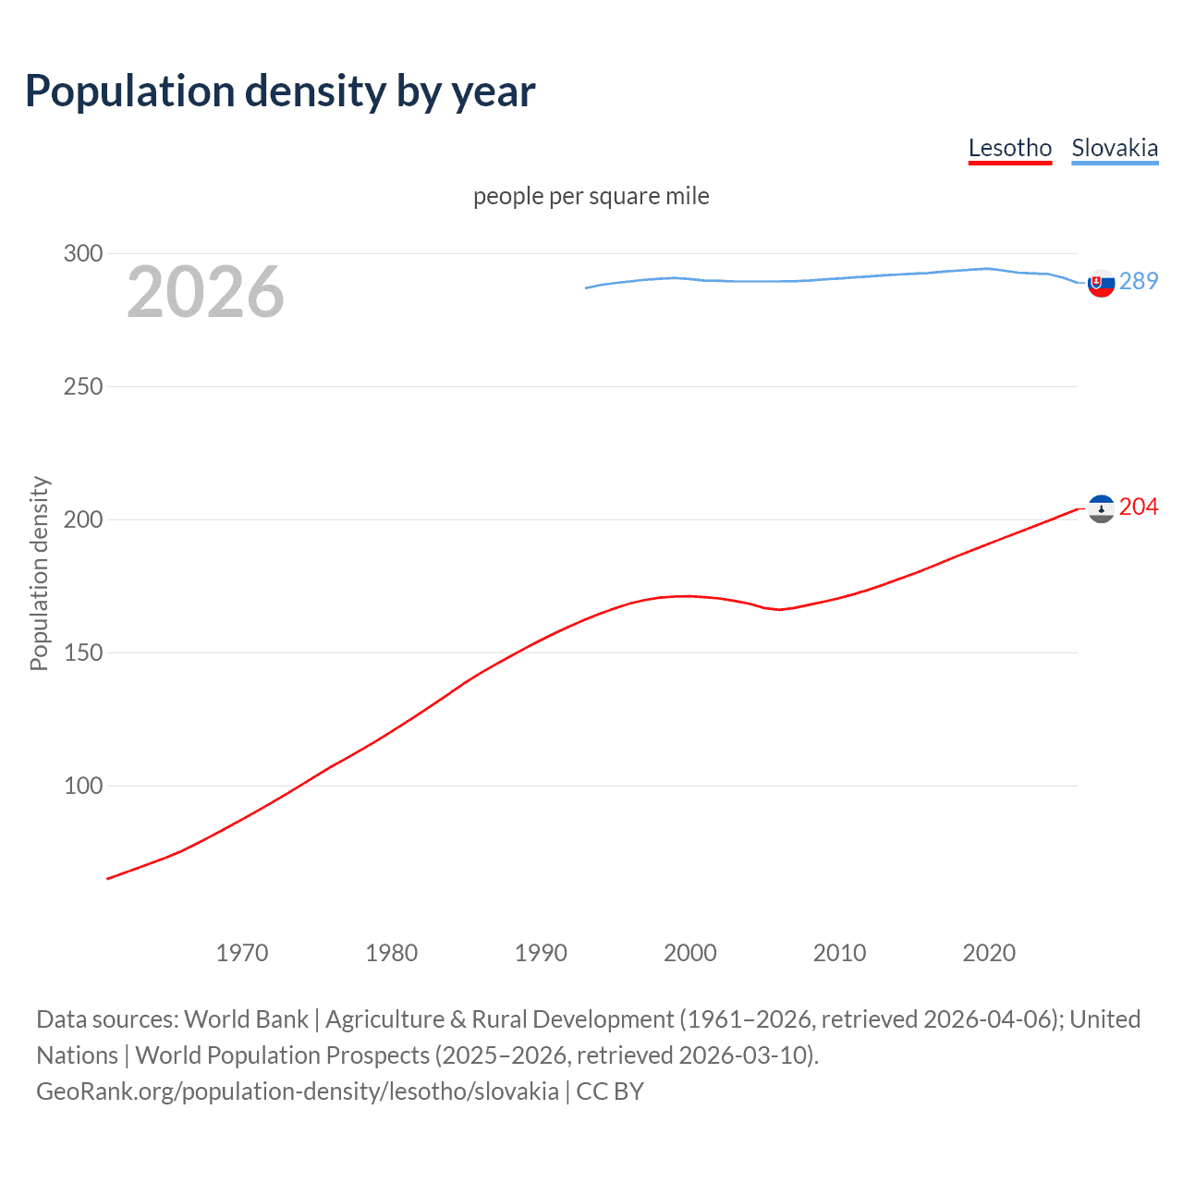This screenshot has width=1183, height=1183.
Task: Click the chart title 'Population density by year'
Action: click(280, 91)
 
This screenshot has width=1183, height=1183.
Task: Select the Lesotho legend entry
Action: click(1009, 148)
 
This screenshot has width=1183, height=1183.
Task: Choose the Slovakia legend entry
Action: click(1114, 148)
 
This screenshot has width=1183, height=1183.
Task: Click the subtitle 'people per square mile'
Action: click(591, 196)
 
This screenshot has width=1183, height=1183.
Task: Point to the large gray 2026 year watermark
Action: click(205, 292)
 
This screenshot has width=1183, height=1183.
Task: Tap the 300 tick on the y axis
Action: click(83, 253)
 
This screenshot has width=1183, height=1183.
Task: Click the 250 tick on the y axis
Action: click(83, 386)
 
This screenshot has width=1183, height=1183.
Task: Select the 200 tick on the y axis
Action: click(83, 519)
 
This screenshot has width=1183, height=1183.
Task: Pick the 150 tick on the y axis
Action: click(83, 652)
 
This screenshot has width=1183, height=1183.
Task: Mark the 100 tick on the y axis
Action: click(83, 786)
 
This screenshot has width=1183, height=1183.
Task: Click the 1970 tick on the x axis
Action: click(242, 953)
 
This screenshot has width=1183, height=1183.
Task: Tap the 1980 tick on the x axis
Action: click(391, 953)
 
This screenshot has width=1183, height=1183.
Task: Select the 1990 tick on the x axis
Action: click(541, 953)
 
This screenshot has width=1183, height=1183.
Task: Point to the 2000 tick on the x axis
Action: click(690, 953)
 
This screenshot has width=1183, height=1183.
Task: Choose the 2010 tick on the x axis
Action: click(839, 953)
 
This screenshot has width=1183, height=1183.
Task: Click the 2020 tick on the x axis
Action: click(989, 953)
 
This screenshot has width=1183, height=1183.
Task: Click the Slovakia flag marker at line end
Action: click(1101, 283)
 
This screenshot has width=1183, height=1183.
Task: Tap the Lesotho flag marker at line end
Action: click(1101, 508)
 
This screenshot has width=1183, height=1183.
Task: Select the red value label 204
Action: click(1138, 506)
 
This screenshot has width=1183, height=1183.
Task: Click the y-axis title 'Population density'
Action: click(39, 573)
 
